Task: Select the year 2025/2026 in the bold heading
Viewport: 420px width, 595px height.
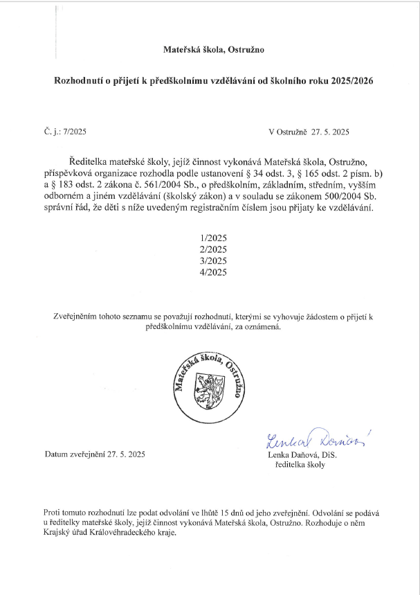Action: coord(349,81)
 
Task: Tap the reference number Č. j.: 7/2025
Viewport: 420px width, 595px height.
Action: coord(64,131)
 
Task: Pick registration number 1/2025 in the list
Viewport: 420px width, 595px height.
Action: coord(212,238)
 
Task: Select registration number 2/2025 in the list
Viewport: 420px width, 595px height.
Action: coord(212,249)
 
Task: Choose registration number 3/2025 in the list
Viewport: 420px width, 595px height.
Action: coord(212,260)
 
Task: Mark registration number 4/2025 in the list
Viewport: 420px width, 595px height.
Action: coord(212,272)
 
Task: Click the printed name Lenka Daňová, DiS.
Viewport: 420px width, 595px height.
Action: coord(301,454)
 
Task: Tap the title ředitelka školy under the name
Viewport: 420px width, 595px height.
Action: coord(300,465)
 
